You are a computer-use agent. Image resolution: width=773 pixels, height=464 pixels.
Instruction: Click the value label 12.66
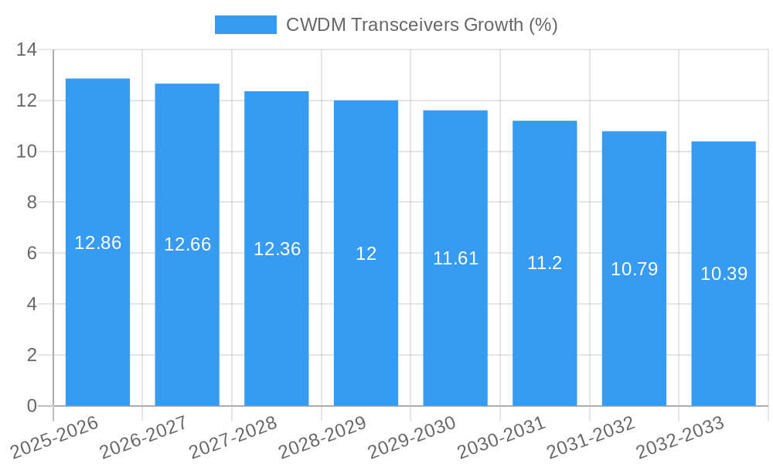pos(187,244)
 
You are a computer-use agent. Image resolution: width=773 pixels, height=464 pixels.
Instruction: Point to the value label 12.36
pos(277,249)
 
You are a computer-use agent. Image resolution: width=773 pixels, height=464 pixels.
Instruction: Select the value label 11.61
pos(455,258)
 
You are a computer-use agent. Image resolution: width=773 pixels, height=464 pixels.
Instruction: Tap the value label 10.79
pos(634,269)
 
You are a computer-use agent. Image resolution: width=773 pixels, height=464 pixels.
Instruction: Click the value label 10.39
pos(724,274)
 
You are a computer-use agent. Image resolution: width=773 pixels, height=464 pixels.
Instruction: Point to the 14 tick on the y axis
pos(26,50)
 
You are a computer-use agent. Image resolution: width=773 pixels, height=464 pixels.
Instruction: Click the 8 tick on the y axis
pos(32,203)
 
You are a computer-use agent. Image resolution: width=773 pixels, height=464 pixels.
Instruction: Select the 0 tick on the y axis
pos(32,406)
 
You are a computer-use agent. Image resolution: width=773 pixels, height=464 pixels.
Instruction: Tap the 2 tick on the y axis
pos(32,355)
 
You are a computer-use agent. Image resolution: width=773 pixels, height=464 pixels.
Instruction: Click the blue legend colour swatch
pos(245,25)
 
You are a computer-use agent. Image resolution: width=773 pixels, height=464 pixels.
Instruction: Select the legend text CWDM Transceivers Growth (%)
pos(421,25)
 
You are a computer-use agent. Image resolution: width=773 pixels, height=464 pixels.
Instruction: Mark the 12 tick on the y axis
pos(26,101)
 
